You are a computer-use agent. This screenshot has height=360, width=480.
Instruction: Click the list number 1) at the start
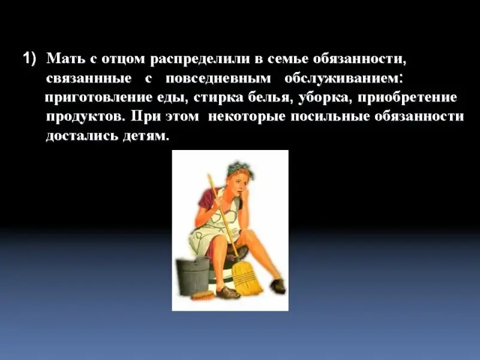[29, 58]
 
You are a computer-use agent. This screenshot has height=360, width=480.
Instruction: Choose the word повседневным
[218, 79]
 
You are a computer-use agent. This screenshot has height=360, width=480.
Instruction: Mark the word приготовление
[99, 98]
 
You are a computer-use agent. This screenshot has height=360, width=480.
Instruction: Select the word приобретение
[407, 98]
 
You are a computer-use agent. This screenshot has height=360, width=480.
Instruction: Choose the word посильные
[330, 116]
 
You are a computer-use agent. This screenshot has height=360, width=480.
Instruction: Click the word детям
[146, 136]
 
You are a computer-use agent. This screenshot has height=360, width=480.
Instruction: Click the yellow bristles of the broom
[246, 279]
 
